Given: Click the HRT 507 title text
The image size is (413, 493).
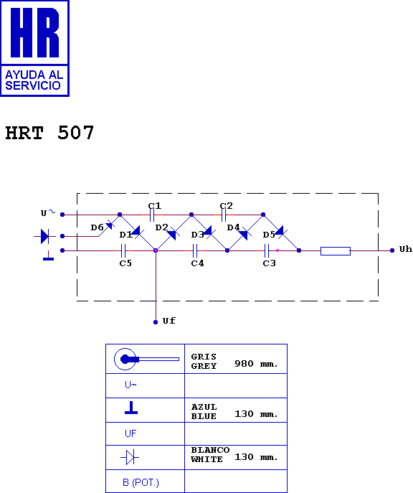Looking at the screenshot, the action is (49, 132).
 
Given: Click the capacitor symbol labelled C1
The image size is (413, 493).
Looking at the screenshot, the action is (152, 215).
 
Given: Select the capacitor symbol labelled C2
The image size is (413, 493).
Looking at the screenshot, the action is (224, 215).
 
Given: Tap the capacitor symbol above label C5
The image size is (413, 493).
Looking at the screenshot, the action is (123, 250).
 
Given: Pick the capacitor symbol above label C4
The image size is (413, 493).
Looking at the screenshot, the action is (195, 250).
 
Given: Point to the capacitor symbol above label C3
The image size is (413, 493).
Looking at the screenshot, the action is (267, 250).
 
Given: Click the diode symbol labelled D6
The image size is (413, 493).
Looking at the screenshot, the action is (110, 225).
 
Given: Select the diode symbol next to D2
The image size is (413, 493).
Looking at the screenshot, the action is (173, 233).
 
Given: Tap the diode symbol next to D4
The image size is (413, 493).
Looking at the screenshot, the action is (245, 233).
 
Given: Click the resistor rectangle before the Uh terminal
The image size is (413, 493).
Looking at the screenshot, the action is (336, 251).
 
